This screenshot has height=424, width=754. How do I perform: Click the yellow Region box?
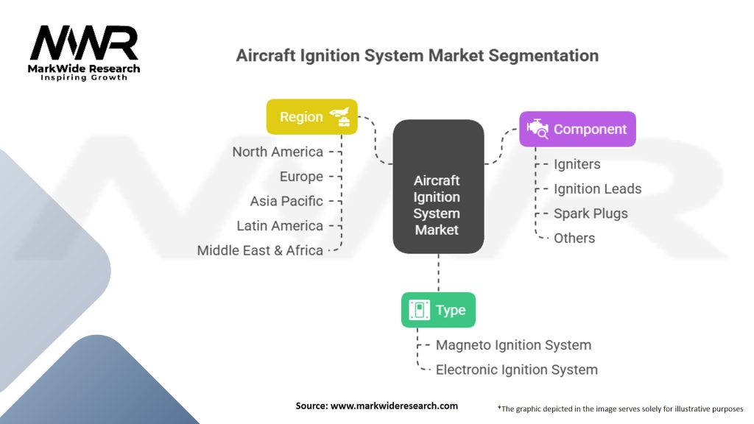pos(312,117)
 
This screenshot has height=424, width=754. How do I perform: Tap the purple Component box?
pos(577,130)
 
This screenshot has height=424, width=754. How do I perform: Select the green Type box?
pos(439,310)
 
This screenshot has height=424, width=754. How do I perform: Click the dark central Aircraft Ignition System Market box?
pos(439,186)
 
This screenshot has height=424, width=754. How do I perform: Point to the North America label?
pos(278,152)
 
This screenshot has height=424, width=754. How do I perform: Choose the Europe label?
pos(301,177)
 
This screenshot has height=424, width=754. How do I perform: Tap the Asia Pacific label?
pos(286,201)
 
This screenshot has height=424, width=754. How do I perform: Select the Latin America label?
pos(280,225)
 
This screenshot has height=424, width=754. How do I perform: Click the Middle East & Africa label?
pos(260,250)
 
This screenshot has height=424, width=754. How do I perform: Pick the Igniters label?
pos(577,164)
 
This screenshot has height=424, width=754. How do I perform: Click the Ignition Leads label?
pos(598,189)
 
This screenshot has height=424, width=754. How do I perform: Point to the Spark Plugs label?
pos(591,213)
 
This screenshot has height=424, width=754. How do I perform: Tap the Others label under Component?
pos(574,238)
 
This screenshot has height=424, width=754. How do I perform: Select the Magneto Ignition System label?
pos(513,345)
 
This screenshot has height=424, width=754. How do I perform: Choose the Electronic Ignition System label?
pos(517,370)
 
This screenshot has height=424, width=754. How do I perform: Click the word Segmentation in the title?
pos(543,56)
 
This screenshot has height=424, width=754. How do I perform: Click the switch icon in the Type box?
pos(419,310)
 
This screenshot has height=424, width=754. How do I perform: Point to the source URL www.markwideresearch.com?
pos(395,406)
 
